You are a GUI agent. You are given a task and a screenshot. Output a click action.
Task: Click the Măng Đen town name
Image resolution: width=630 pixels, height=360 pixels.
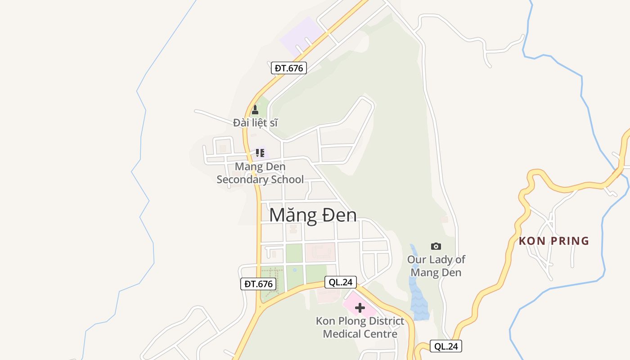pyautogui.click(x=313, y=215)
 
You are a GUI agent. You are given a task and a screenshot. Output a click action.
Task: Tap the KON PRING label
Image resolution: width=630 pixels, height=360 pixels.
pyautogui.click(x=554, y=241)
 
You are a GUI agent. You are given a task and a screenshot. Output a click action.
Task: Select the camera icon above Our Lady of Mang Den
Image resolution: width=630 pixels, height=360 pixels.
pyautogui.click(x=436, y=246)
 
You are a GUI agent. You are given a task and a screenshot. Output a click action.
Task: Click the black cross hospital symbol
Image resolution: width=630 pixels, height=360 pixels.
pyautogui.click(x=360, y=308)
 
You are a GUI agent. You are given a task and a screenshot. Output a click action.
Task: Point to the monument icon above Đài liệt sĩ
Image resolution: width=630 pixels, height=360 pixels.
pyautogui.click(x=255, y=110)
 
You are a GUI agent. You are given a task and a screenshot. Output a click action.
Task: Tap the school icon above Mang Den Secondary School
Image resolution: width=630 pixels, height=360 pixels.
pyautogui.click(x=260, y=153)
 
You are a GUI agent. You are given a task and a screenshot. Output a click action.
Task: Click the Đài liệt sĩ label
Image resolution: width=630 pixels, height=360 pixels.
pyautogui.click(x=255, y=122)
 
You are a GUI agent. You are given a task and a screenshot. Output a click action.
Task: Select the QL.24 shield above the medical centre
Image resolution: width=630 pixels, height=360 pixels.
pyautogui.click(x=340, y=282)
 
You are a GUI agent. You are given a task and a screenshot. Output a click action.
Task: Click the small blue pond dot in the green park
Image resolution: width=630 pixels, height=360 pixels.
pyautogui.click(x=294, y=270)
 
